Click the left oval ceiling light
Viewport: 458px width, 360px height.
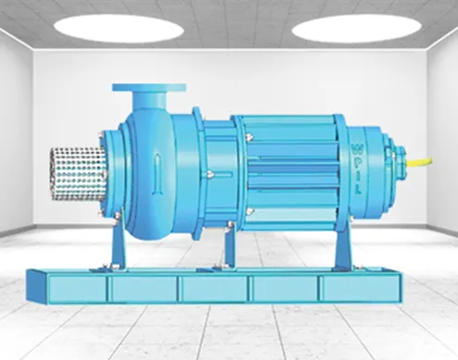click(x=118, y=28)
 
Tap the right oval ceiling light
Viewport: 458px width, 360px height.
click(x=357, y=28)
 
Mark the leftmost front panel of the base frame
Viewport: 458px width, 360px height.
click(x=75, y=289)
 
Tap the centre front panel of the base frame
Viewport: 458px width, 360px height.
click(x=215, y=290)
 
